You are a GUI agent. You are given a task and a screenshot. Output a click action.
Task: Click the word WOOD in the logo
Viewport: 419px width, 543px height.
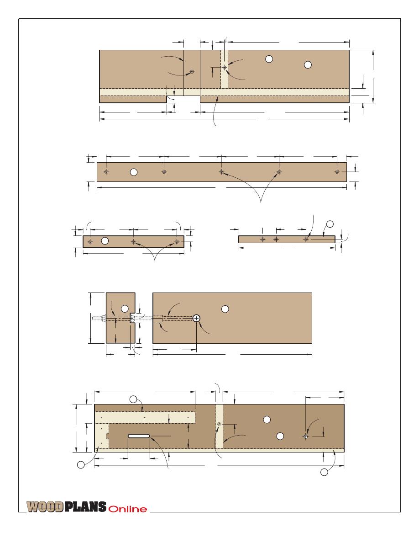tap(45, 506)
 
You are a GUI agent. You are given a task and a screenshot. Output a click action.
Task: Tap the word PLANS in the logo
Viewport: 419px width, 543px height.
tap(85, 506)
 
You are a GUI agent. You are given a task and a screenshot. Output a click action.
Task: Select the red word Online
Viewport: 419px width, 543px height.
tap(127, 509)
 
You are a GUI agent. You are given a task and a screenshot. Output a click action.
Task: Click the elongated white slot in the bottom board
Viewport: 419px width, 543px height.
tap(139, 436)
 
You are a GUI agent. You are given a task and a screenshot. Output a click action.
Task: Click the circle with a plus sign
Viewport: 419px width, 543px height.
tap(196, 318)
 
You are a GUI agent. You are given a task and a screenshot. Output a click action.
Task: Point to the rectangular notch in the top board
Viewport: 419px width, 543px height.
tap(183, 99)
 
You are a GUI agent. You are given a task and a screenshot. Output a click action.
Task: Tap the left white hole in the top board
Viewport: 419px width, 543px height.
tap(269, 59)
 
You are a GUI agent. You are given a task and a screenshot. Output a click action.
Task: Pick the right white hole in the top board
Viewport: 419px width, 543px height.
tap(308, 65)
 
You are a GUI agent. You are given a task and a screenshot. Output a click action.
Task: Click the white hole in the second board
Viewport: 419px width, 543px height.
tap(133, 172)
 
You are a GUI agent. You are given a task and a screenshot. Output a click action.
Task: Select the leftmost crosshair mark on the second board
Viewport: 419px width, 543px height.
tap(106, 172)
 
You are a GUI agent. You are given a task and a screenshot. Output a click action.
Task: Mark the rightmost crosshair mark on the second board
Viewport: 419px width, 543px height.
tap(337, 172)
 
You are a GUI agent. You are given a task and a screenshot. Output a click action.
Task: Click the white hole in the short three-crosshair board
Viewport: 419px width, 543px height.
tap(105, 241)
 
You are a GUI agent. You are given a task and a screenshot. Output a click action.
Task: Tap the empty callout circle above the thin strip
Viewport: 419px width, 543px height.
tap(330, 224)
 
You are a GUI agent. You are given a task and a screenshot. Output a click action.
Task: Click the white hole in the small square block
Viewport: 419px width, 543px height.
tap(125, 308)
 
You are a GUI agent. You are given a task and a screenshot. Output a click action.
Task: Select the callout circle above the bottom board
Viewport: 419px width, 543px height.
tap(133, 399)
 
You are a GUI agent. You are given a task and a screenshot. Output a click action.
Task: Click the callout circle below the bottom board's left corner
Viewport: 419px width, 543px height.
tap(81, 465)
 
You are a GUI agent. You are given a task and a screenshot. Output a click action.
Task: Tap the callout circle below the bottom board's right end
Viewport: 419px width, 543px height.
tap(324, 472)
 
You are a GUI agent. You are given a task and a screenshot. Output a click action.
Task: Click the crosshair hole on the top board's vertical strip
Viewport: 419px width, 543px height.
tap(225, 67)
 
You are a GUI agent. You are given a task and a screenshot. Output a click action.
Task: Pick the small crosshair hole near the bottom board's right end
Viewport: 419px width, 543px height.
tap(306, 437)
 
